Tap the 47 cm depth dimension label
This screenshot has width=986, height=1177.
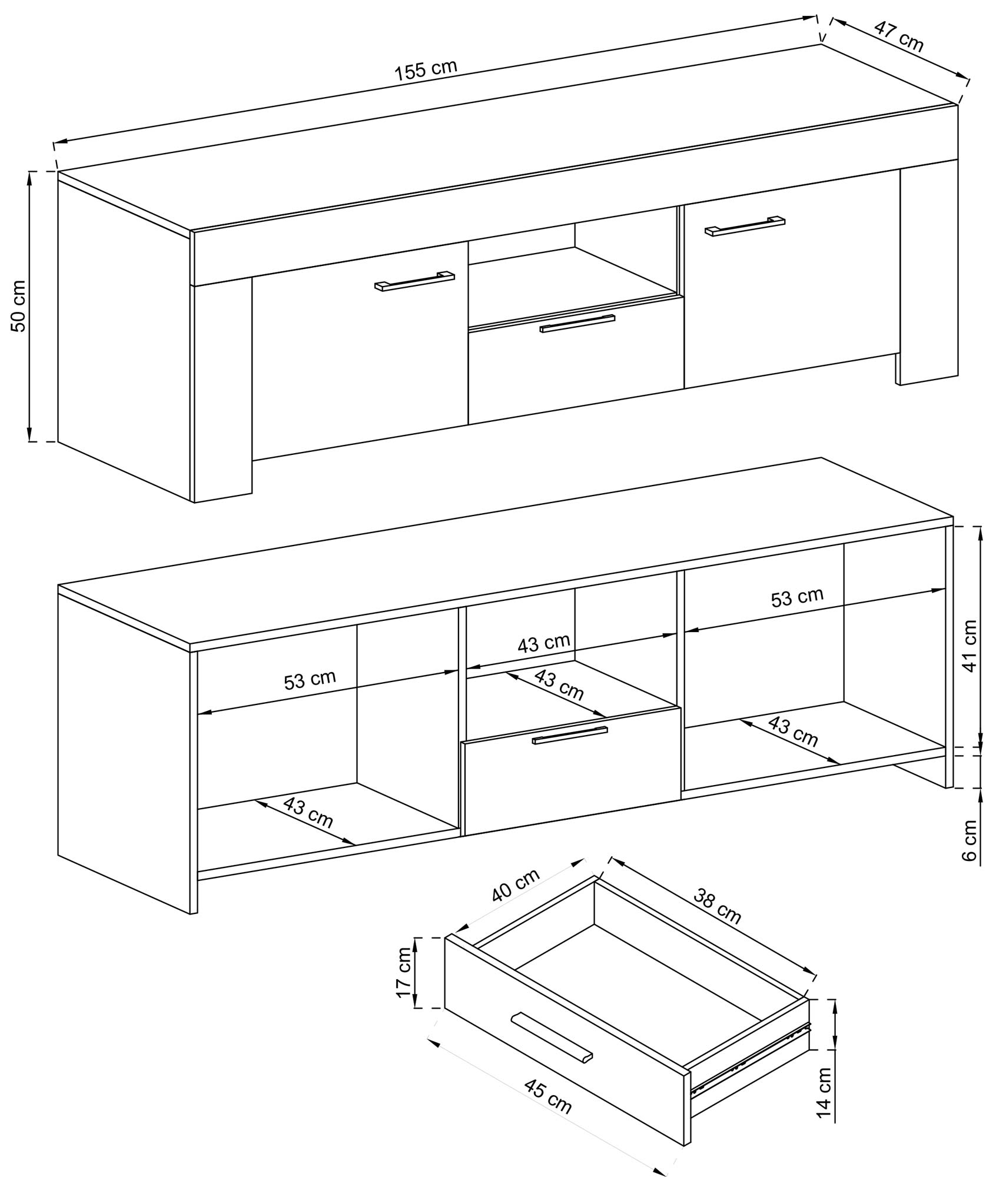(898, 36)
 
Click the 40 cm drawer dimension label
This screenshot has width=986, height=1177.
(516, 886)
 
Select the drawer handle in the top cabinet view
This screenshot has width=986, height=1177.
(577, 324)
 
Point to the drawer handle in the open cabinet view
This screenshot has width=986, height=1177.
(569, 735)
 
